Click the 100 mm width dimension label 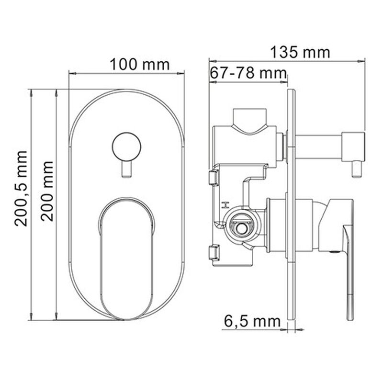coord(139,65)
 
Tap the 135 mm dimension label coord(300,53)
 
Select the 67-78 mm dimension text coord(248,73)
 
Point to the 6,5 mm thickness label coord(252,321)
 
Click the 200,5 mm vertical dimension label coord(21,189)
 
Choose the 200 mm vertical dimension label coord(47,191)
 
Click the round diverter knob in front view coord(126,147)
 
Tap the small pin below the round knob coord(126,169)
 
